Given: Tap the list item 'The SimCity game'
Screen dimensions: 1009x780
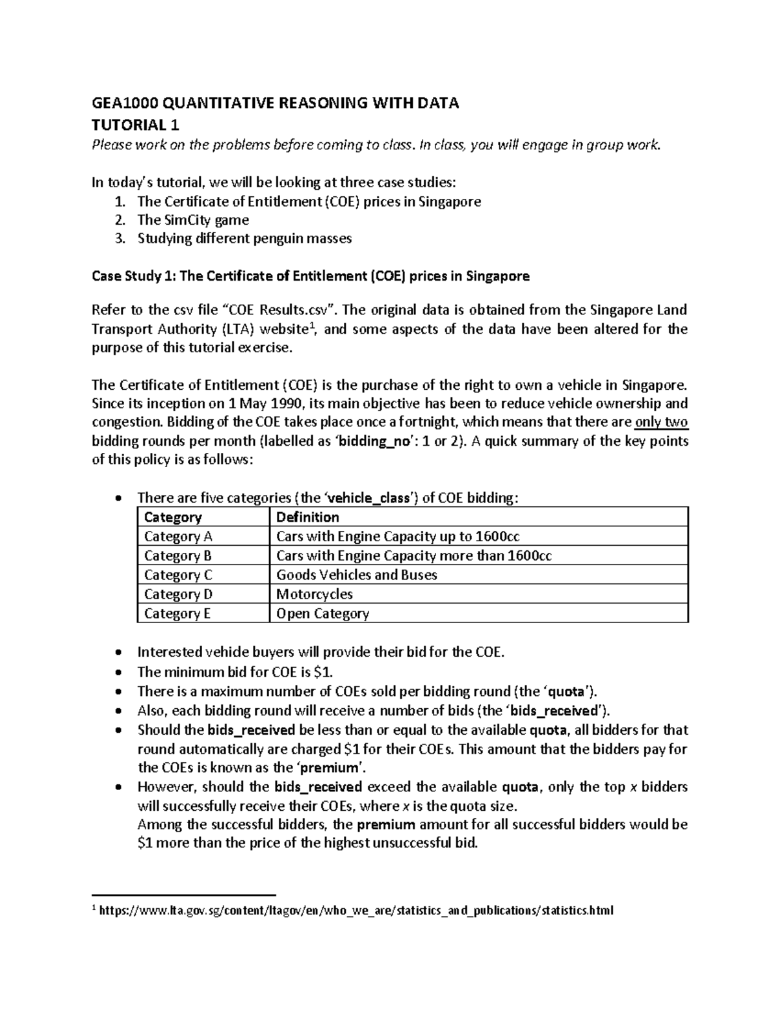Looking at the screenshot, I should (193, 220).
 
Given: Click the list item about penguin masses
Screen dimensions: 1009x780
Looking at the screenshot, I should (244, 238).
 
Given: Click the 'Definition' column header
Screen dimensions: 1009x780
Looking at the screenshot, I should (307, 517).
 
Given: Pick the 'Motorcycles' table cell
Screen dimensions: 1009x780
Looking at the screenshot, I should (315, 594).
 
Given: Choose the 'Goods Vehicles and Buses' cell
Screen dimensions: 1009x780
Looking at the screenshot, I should (356, 575).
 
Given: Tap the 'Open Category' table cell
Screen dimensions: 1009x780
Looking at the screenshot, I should (322, 614).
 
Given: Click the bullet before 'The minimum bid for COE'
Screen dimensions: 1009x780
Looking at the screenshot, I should (117, 672).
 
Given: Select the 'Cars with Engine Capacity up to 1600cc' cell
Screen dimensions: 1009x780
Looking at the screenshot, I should (398, 537).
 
